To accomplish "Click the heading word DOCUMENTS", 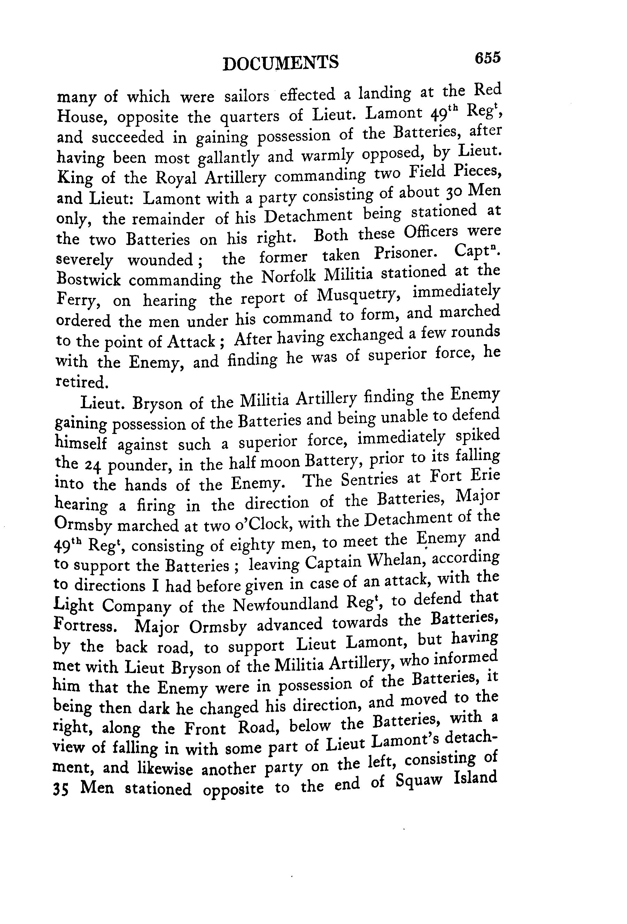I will coord(280,63).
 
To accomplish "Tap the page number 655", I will coord(487,58).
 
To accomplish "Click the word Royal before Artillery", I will coord(176,178).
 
